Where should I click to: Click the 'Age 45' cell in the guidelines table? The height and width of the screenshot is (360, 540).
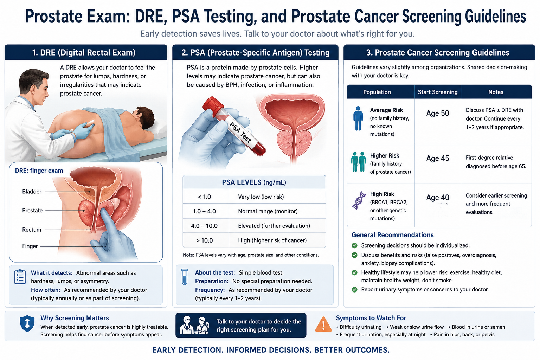(x=438, y=159)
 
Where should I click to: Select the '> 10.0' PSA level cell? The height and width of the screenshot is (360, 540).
(x=204, y=240)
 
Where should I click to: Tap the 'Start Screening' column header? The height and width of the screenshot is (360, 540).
(x=438, y=92)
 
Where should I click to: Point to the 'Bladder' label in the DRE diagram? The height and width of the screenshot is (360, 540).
(x=32, y=192)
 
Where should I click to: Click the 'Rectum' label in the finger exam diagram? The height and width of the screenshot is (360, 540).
(x=32, y=230)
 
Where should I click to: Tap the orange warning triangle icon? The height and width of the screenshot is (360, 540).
(x=323, y=324)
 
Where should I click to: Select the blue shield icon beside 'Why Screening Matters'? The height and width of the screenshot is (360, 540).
(x=27, y=323)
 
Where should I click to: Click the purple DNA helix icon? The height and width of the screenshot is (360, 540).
(x=359, y=201)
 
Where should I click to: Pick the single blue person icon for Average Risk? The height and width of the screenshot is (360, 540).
(x=358, y=118)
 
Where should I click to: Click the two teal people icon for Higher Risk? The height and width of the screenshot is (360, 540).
(x=359, y=162)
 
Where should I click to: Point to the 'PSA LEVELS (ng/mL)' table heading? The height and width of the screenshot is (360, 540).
(x=254, y=182)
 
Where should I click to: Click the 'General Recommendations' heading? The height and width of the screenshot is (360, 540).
(x=392, y=235)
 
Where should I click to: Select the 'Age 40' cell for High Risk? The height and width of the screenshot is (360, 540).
(x=438, y=198)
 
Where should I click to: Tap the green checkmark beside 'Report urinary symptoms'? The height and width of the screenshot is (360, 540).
(x=354, y=289)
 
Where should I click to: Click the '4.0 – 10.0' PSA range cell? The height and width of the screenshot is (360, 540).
(x=204, y=226)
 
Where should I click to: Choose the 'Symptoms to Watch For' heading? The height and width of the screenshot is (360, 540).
(x=371, y=318)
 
